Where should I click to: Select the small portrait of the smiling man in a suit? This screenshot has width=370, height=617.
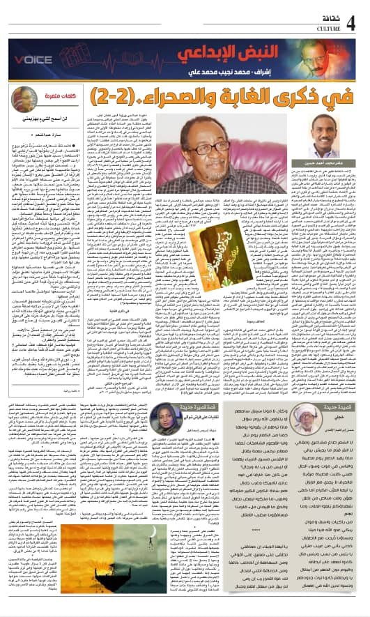click(x=327, y=139)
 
